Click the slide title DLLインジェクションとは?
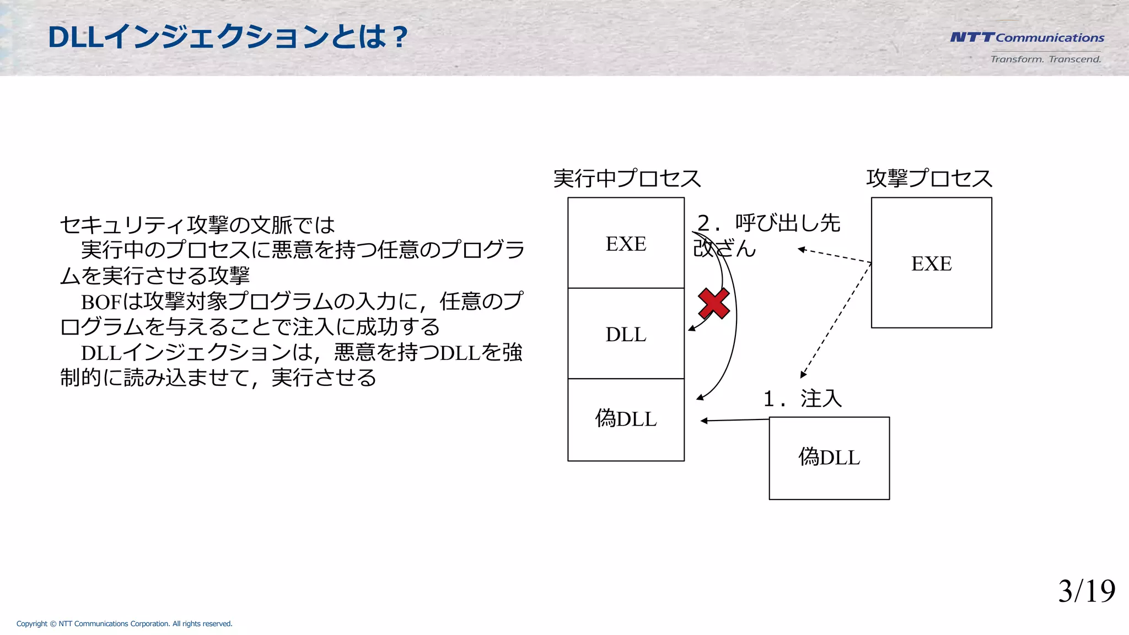tap(227, 37)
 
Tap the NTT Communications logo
tap(1026, 37)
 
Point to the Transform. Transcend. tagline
tap(1045, 59)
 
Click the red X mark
tap(714, 303)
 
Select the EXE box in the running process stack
tap(626, 243)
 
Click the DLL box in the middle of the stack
tap(626, 333)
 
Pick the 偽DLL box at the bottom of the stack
tap(626, 419)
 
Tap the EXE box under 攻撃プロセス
tap(931, 263)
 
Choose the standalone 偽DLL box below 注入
tap(829, 458)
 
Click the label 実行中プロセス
tap(627, 179)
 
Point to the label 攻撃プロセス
tap(929, 179)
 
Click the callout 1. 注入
tap(803, 399)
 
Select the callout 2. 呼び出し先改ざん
tap(766, 235)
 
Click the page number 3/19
tap(1086, 591)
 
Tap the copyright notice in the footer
tap(124, 623)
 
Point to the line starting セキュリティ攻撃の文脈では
tap(197, 225)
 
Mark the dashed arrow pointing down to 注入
tap(836, 320)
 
